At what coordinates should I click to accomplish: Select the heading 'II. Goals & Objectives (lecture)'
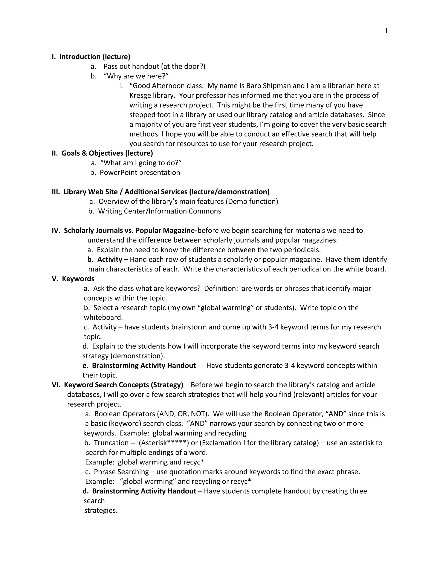point(102,153)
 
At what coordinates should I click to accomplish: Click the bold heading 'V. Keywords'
point(73,279)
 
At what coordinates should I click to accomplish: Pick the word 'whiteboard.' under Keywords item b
point(103,317)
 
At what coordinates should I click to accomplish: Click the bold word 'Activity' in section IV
point(110,260)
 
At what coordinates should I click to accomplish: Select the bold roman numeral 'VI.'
point(56,385)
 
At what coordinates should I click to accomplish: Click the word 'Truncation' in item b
point(111,443)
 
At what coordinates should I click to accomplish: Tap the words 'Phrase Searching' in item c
point(121,472)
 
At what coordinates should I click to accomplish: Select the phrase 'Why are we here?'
point(136,76)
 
